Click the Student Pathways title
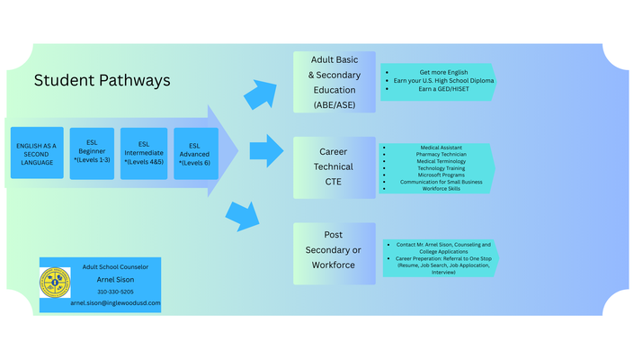point(102,80)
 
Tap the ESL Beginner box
point(92,153)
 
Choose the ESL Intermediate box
point(144,153)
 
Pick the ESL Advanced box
point(194,153)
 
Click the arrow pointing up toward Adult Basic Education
point(261,94)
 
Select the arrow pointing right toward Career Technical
point(266,151)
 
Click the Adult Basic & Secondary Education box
point(334,82)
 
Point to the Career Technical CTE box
point(334,167)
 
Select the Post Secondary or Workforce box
point(334,253)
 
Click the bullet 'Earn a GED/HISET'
point(436,90)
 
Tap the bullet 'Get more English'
point(436,71)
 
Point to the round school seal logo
point(55,283)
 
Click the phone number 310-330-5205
point(114,292)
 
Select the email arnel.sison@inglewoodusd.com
point(115,303)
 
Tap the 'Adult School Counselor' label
point(115,266)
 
